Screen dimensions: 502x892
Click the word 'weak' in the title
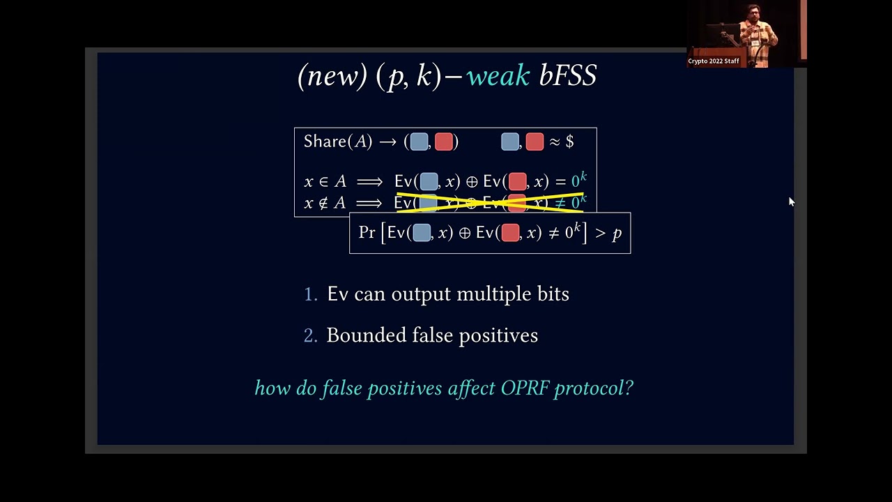click(x=498, y=76)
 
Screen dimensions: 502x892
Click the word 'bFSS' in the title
click(x=568, y=76)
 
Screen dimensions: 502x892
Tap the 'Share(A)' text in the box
click(x=337, y=142)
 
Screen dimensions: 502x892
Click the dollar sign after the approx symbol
click(x=569, y=142)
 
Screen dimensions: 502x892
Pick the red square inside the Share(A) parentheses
click(x=444, y=142)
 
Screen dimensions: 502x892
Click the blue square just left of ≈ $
click(x=510, y=142)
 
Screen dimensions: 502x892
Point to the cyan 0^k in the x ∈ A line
click(x=578, y=181)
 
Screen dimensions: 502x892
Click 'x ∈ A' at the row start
click(x=325, y=181)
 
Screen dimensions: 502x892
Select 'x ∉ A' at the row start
click(x=325, y=203)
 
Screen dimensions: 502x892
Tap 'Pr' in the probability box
click(x=367, y=233)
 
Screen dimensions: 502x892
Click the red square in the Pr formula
click(x=510, y=233)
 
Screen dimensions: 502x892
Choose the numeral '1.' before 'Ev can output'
click(x=310, y=295)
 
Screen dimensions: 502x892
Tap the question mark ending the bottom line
click(x=629, y=388)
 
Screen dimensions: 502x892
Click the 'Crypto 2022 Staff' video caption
click(x=713, y=61)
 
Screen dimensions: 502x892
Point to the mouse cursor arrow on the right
click(x=791, y=201)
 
